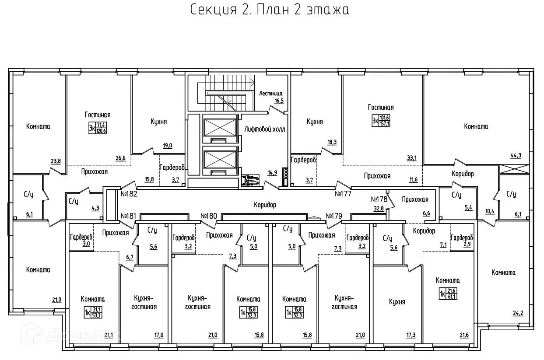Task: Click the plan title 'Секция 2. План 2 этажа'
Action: (x=270, y=10)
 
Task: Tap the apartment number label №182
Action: (x=129, y=193)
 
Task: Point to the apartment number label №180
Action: (x=209, y=216)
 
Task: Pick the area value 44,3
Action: (x=517, y=155)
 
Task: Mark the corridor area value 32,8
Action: (x=379, y=208)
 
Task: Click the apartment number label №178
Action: (x=379, y=198)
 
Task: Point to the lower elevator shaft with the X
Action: (x=219, y=158)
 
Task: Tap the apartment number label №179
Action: (x=334, y=216)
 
